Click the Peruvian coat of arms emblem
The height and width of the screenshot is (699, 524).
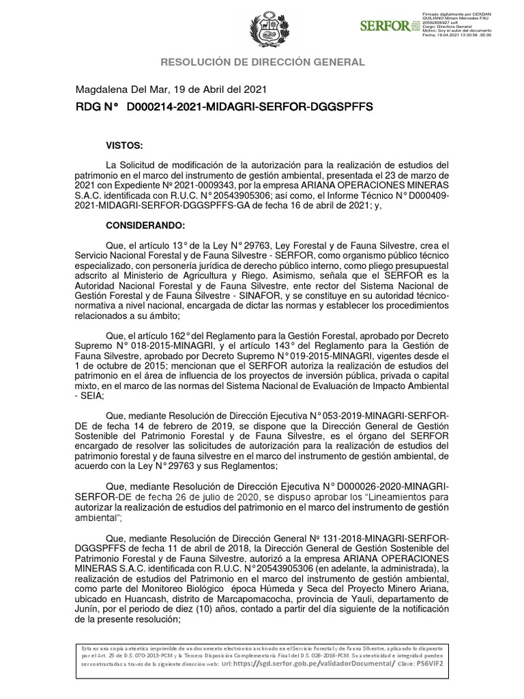[x=262, y=29]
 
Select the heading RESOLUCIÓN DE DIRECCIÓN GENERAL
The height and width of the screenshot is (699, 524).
[x=262, y=62]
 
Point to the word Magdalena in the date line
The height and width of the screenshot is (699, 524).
[x=100, y=89]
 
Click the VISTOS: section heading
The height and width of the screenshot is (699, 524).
[x=124, y=145]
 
